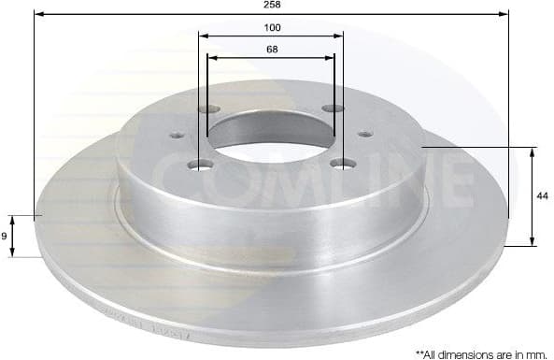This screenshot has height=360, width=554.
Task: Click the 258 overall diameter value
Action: click(272, 5)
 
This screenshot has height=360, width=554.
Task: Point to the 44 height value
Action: click(541, 196)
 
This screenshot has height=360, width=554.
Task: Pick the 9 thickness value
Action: click(5, 237)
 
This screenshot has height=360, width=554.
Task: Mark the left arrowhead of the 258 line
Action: click(37, 14)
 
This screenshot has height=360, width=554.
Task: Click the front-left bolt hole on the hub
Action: click(198, 166)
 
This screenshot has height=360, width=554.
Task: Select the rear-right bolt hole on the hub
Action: click(328, 109)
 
